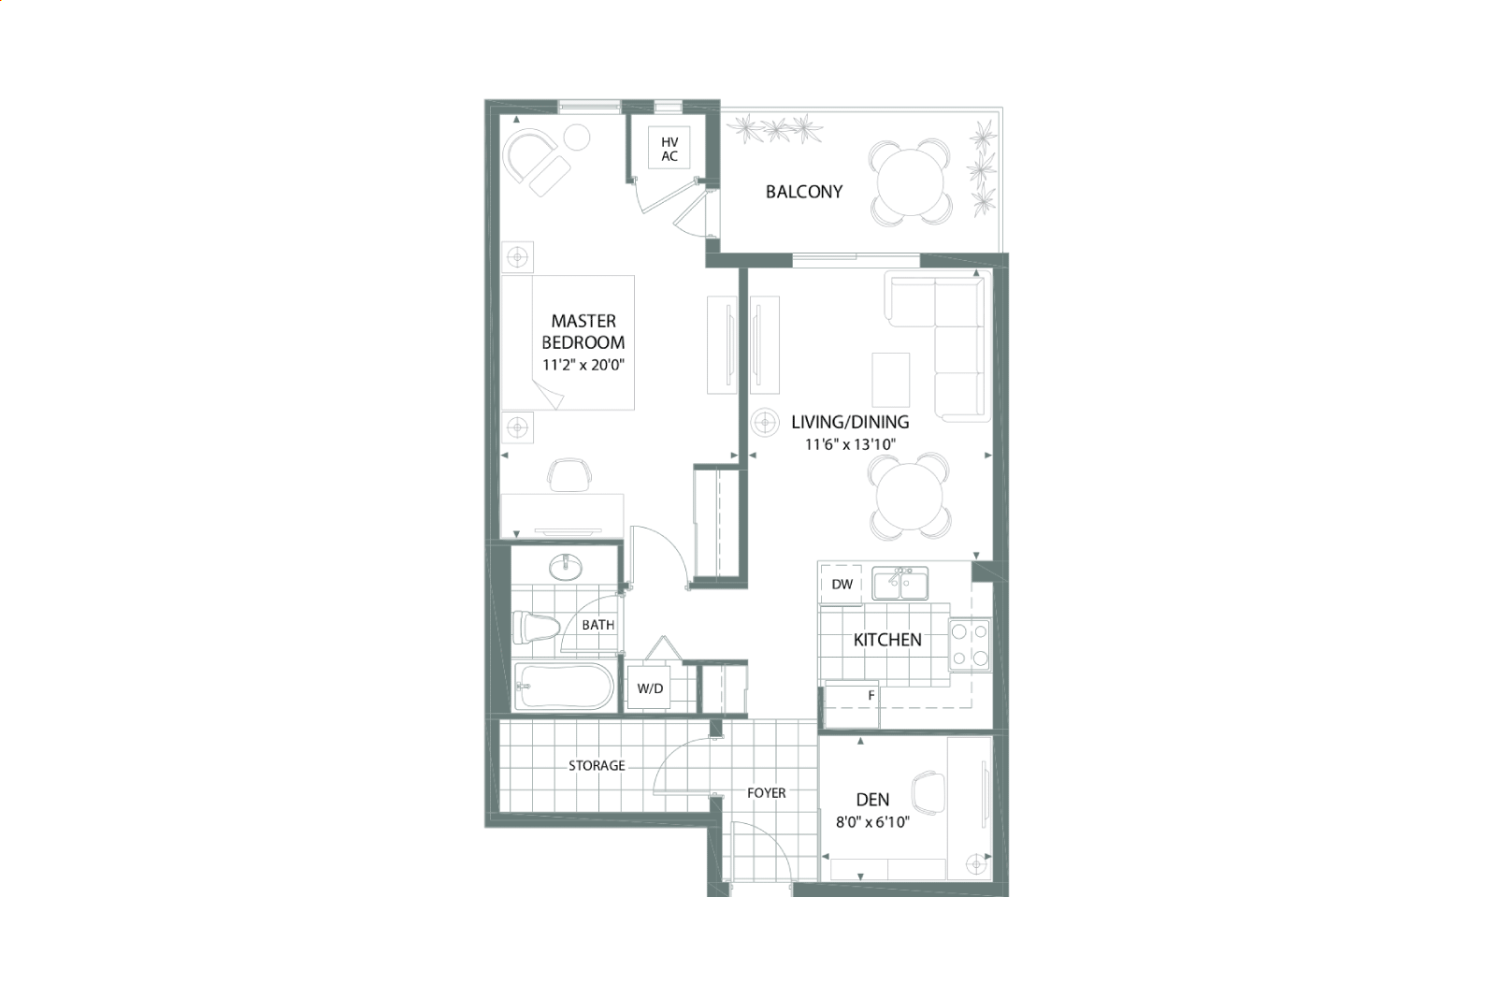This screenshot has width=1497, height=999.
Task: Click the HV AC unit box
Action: pos(669,148)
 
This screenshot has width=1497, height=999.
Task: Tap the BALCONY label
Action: pos(803,192)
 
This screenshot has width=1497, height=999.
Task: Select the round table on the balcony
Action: pos(910,181)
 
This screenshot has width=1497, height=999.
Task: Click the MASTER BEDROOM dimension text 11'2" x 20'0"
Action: pos(583,365)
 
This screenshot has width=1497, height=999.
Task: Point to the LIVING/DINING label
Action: pos(850,422)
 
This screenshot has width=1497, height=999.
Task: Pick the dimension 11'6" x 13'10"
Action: pos(850,444)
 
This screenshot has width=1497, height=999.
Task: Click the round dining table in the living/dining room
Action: pos(910,497)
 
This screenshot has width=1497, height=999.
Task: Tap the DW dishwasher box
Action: pos(842,585)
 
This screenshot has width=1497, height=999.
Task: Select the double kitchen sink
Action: pos(900,584)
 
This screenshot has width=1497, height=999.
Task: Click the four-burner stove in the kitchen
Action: pos(970,644)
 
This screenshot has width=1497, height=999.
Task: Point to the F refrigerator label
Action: pos(871,695)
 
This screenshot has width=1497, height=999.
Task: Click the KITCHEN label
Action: pos(887,640)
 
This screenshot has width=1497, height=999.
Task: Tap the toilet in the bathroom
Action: pos(536,628)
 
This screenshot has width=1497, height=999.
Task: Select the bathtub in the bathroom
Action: pos(565,687)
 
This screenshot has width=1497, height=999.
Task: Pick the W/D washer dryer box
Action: pos(650,688)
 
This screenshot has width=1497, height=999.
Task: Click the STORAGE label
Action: pos(597,766)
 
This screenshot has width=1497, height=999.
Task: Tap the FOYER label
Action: pos(767,793)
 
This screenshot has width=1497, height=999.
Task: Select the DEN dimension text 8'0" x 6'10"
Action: pos(872,822)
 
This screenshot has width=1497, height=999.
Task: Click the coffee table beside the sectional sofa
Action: pos(891,380)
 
